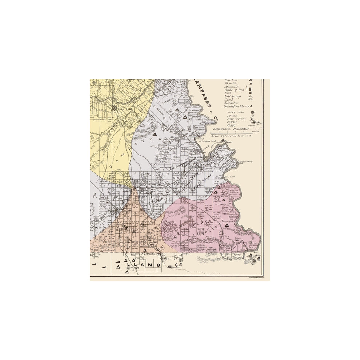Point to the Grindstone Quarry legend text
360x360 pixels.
point(237,106)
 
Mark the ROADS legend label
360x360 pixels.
point(231,125)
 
